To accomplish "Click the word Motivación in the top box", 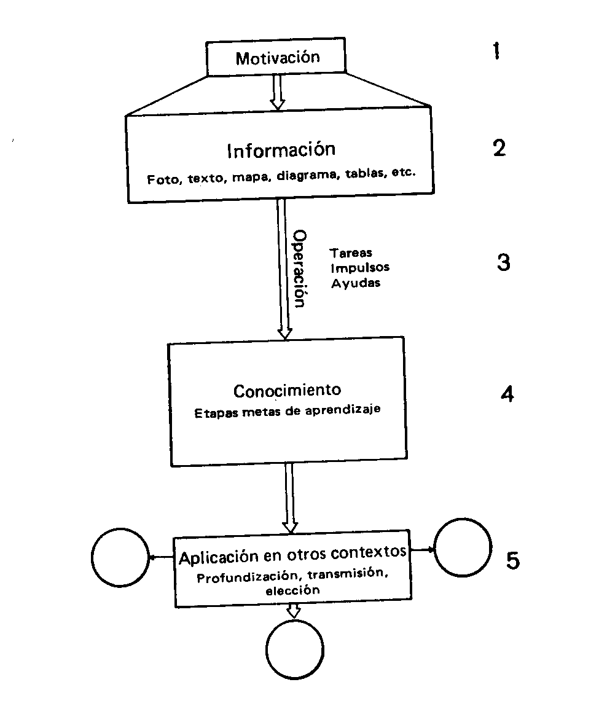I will point(278,58).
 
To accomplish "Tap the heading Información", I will point(281,151).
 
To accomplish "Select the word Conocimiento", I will point(288,391).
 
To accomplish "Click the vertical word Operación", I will point(299,268).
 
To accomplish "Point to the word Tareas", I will point(351,253).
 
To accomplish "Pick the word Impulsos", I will point(360,268).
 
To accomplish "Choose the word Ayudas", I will point(356,283).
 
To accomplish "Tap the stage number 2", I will point(499,147).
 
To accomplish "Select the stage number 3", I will point(503,263).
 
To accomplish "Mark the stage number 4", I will point(507,393).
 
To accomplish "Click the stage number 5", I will point(512,560).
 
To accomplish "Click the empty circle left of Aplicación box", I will point(120,558).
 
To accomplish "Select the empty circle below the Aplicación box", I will point(295,649).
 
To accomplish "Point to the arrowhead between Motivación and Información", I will point(278,104).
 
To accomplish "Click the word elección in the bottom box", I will point(292,591).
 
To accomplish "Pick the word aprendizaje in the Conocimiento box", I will point(348,411).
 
